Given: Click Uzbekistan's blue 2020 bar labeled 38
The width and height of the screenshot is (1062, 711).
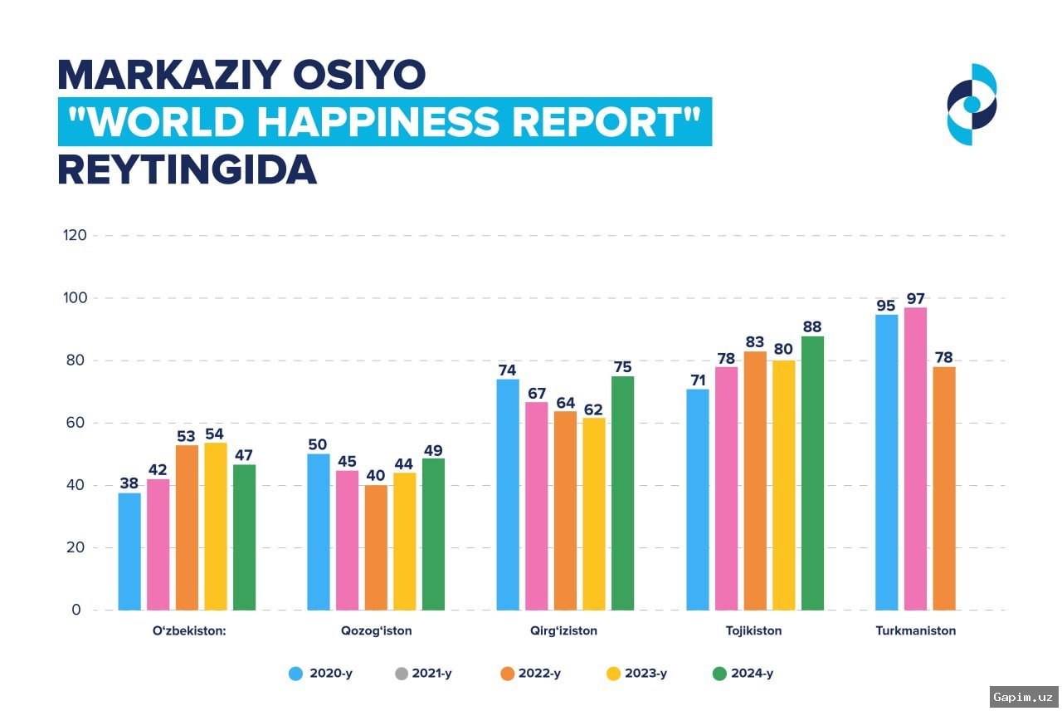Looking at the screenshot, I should [x=129, y=552].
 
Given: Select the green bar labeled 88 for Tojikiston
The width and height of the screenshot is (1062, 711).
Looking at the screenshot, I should [x=812, y=473].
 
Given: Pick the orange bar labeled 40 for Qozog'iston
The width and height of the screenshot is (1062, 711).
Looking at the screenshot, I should [x=376, y=547].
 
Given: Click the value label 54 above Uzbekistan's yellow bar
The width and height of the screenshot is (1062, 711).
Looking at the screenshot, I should [x=216, y=434].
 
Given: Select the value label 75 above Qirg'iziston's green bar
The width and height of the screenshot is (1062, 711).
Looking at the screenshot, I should [x=622, y=367].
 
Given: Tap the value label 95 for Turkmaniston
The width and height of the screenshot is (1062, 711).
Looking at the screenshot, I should [x=886, y=306].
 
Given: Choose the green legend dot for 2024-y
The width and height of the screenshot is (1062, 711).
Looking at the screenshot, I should [x=719, y=674].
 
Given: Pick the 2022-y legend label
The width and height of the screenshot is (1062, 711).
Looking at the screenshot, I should [x=539, y=674].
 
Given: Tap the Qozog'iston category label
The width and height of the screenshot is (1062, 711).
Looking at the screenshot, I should [x=376, y=630].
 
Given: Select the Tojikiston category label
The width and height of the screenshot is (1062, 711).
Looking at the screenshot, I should [x=753, y=630].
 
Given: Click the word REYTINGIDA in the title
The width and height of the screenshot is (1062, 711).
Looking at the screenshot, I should [x=187, y=169].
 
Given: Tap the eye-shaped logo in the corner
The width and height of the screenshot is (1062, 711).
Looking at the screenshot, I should [x=972, y=104].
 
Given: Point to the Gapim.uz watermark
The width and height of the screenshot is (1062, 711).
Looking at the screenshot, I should [x=1025, y=695].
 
